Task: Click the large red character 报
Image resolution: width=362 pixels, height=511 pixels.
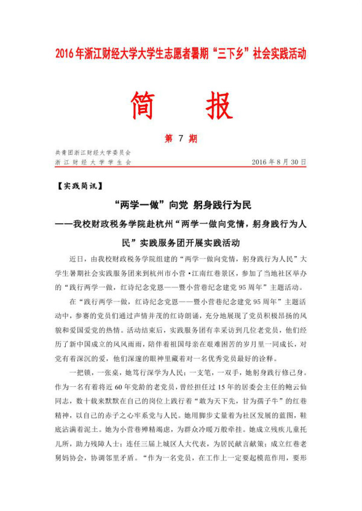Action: click(217, 107)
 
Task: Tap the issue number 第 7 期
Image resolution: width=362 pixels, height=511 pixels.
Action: click(180, 139)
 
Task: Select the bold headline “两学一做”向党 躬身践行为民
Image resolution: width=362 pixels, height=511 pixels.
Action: click(180, 205)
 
